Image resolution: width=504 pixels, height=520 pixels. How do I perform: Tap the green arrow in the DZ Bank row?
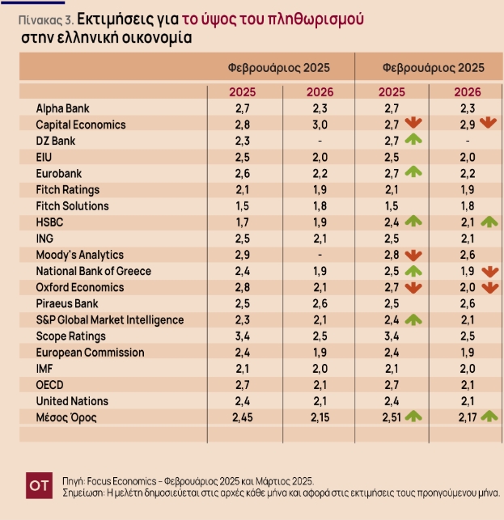tap(413, 140)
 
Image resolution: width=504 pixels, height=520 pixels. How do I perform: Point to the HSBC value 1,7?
tap(241, 220)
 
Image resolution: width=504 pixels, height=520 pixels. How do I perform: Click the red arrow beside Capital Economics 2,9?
tap(486, 123)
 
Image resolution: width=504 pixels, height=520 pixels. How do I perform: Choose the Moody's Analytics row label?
tap(79, 255)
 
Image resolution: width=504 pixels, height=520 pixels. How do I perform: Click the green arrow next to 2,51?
tap(413, 416)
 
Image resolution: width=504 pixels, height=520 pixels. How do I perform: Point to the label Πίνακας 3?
tap(40, 18)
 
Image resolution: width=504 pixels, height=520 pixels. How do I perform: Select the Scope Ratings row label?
tap(70, 336)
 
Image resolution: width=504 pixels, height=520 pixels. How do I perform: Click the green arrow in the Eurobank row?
tap(413, 171)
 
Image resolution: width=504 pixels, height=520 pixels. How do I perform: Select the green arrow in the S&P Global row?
tap(413, 319)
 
